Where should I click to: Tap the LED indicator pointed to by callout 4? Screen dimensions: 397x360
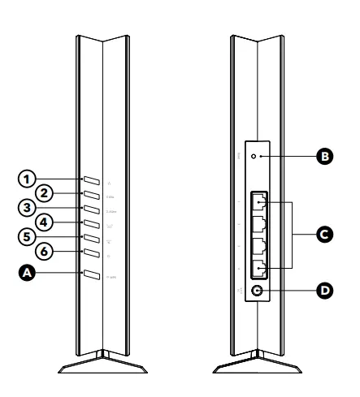(x=91, y=223)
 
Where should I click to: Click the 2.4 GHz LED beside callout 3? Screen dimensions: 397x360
(x=91, y=209)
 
